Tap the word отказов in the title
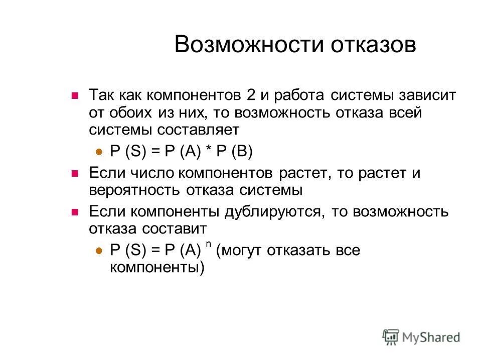[x=373, y=45]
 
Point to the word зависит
[x=427, y=95]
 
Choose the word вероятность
[x=133, y=190]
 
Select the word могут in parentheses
[x=243, y=250]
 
